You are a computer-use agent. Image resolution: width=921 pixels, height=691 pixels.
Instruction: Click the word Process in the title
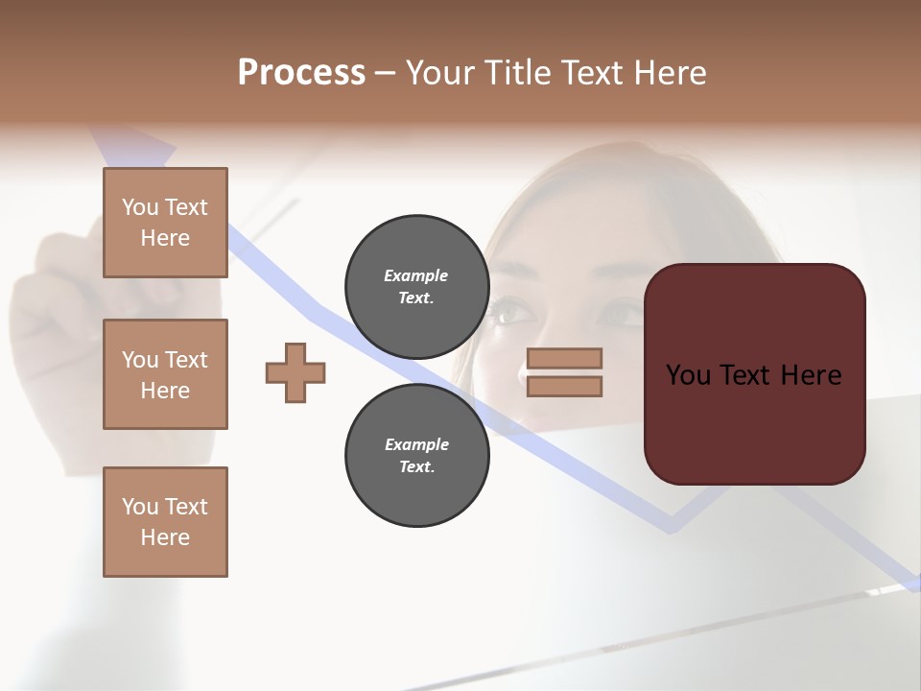tap(301, 73)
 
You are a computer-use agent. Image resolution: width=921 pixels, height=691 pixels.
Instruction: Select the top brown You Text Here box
tap(165, 223)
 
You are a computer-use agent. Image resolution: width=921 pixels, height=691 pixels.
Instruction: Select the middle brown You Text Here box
tap(165, 374)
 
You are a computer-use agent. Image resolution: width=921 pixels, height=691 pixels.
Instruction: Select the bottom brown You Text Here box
tap(165, 522)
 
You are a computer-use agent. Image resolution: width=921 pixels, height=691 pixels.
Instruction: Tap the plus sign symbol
tap(295, 372)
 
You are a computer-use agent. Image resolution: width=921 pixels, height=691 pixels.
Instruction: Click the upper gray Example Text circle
tap(416, 286)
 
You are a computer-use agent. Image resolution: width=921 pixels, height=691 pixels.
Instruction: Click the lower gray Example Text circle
tap(416, 455)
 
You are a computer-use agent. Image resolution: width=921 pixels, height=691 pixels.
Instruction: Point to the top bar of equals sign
tap(564, 358)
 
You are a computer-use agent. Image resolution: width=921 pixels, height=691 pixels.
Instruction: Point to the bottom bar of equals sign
tap(564, 386)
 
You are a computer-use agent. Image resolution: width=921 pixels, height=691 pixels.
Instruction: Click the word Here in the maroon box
tap(810, 375)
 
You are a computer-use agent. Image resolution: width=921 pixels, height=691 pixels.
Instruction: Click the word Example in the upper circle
tap(416, 275)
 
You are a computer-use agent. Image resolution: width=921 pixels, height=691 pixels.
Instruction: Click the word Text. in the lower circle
tap(416, 467)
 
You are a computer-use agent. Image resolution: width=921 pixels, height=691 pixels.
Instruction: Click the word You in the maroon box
tap(688, 375)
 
